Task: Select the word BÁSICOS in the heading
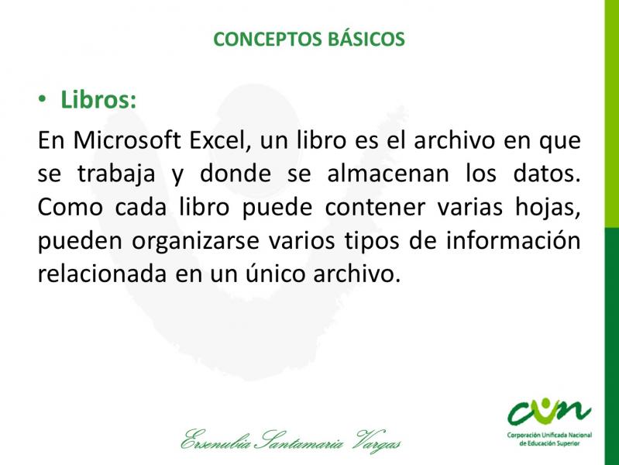click(x=366, y=38)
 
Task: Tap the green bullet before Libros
click(x=43, y=99)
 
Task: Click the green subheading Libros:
click(x=98, y=99)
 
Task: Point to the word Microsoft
click(x=127, y=140)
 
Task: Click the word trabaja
click(x=116, y=174)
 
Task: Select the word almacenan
click(x=388, y=174)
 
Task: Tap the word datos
click(x=547, y=174)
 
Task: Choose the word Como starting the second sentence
click(x=70, y=207)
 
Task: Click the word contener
click(x=375, y=207)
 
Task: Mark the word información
click(x=513, y=240)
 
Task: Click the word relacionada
click(x=101, y=274)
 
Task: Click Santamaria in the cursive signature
click(x=300, y=440)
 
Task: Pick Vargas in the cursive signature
click(x=379, y=441)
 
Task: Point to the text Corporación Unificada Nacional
click(x=549, y=436)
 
